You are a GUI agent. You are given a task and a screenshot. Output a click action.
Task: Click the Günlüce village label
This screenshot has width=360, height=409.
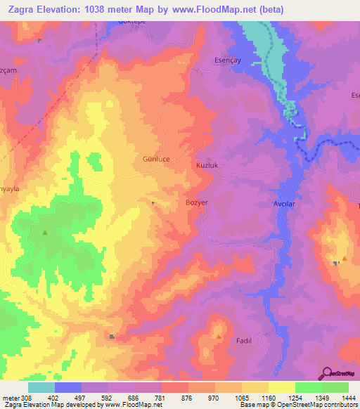157,160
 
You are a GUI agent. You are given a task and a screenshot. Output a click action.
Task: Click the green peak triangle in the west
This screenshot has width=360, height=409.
45,233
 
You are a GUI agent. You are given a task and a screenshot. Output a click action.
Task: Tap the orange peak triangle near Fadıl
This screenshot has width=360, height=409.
219,337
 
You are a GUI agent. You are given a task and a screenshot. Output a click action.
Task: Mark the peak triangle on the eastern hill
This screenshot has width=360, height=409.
345,260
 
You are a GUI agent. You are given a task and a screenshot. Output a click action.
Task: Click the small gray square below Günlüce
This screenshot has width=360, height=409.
153,203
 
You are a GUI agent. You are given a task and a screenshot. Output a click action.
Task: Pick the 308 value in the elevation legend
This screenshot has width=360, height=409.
27,398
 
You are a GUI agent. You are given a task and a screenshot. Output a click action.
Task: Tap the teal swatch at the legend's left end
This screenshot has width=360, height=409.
41,387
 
